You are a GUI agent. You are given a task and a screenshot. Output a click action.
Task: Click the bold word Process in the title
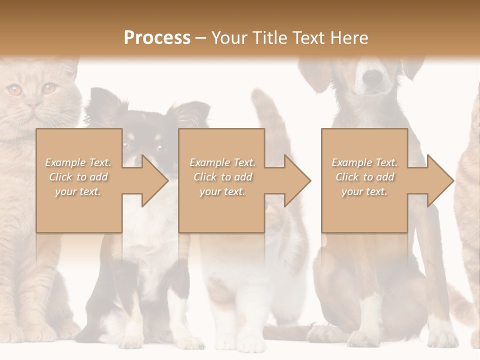[157, 37]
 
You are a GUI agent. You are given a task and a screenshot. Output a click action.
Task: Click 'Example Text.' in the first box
[78, 162]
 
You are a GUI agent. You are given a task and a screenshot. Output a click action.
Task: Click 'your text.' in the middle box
[222, 191]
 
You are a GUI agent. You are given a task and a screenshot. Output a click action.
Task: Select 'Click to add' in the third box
[365, 177]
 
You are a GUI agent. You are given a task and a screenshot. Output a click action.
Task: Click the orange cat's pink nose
[33, 104]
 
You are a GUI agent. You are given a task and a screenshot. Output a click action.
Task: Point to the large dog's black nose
[372, 77]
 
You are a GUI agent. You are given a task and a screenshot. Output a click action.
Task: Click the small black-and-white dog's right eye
[161, 148]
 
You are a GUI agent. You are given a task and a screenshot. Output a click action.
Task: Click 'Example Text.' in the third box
[365, 162]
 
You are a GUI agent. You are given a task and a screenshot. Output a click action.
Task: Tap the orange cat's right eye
[49, 89]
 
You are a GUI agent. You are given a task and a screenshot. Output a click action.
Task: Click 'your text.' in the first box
[78, 191]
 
